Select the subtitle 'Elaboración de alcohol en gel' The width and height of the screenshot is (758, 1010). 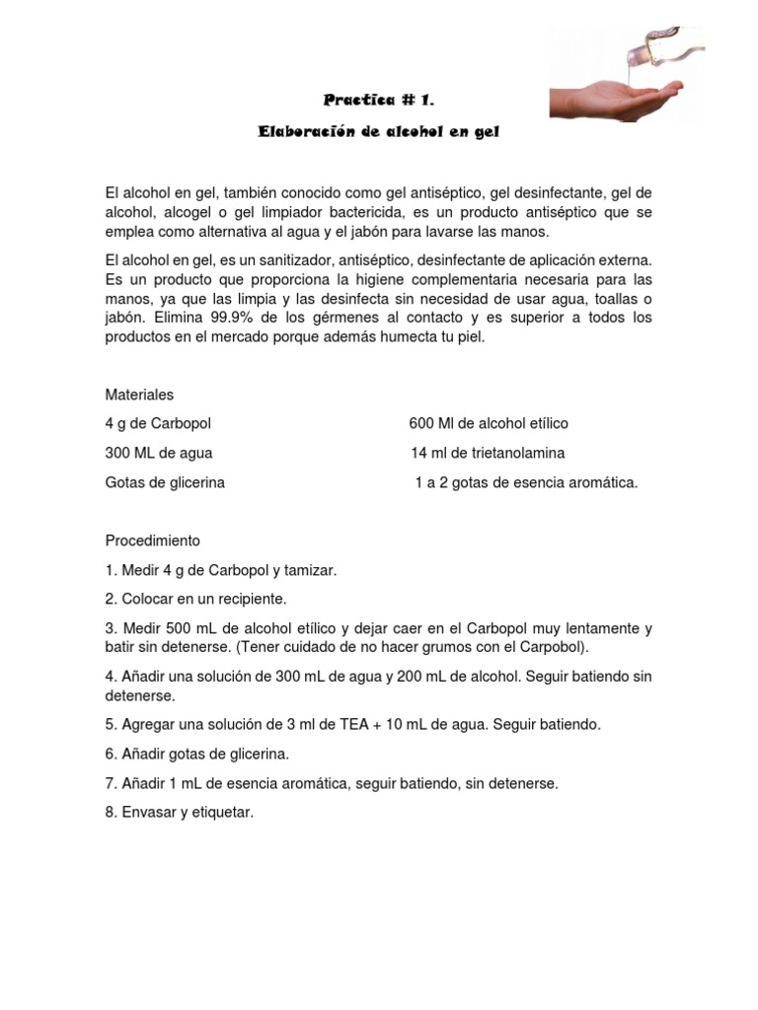[379, 132]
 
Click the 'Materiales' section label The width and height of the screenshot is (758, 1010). [139, 395]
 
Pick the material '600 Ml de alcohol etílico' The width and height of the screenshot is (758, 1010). [489, 424]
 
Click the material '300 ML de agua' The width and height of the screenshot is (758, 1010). [159, 454]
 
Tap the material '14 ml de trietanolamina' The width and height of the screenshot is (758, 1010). [488, 454]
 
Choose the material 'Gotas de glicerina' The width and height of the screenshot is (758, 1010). [165, 483]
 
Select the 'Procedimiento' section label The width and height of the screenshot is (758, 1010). [153, 541]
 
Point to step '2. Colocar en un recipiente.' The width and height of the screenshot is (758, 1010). [195, 599]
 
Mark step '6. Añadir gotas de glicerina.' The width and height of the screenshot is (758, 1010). [196, 755]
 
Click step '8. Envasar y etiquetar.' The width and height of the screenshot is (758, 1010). [180, 814]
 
